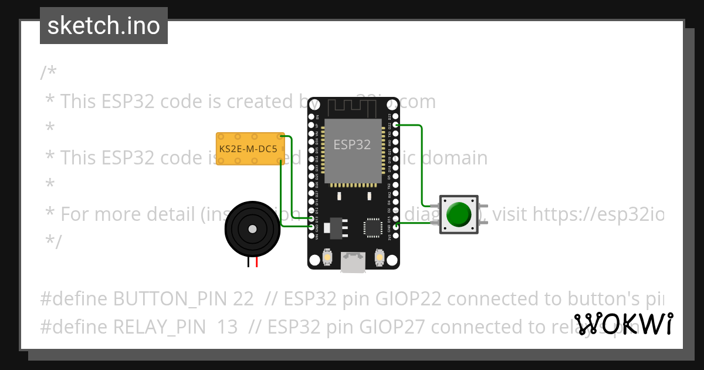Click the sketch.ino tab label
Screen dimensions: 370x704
click(104, 26)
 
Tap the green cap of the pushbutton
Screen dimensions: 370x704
click(459, 214)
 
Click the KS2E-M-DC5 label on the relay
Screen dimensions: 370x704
click(248, 149)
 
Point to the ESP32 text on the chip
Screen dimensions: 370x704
click(352, 144)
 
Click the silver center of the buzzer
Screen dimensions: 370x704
click(252, 228)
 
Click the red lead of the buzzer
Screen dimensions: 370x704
click(256, 263)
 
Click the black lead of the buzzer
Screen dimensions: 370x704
click(249, 263)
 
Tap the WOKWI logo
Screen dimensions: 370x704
click(624, 324)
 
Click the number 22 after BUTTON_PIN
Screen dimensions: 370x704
click(243, 298)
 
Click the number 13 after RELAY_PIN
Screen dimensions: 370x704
click(227, 327)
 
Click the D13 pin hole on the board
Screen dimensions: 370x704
click(312, 218)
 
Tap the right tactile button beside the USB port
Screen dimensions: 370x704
click(379, 257)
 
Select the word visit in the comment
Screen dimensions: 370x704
click(510, 214)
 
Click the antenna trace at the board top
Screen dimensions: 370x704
click(352, 107)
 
